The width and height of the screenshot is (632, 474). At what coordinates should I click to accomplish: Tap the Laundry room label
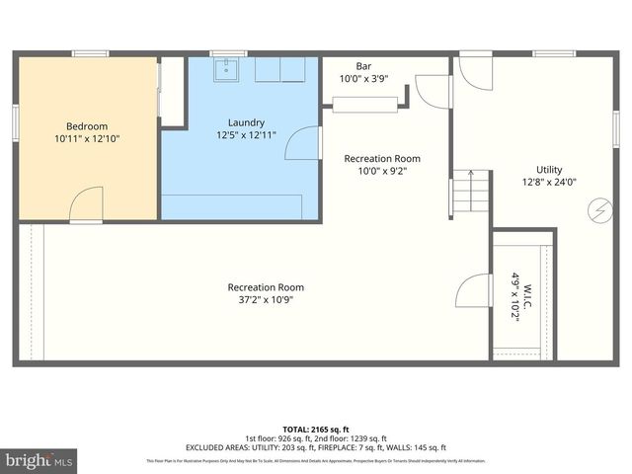click(x=246, y=122)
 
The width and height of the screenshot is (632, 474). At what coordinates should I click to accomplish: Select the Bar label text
click(x=350, y=66)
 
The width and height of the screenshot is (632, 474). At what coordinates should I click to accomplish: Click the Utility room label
click(x=549, y=170)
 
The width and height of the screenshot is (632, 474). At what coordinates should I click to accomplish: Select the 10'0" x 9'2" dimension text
click(x=381, y=171)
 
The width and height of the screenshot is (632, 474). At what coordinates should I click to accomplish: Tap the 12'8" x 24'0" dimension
click(x=549, y=182)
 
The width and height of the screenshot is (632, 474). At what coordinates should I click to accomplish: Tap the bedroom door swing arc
click(x=86, y=202)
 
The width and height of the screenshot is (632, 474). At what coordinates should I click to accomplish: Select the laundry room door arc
click(x=302, y=142)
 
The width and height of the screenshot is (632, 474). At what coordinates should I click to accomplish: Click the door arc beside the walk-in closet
click(x=474, y=290)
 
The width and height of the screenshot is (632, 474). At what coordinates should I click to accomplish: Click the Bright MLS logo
click(x=39, y=460)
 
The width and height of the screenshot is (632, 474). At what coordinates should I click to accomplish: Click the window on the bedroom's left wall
click(x=15, y=124)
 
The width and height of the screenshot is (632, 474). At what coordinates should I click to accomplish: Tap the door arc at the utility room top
click(x=472, y=72)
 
